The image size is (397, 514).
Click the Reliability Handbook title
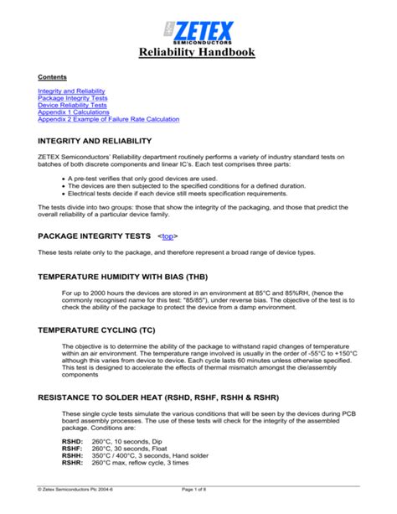coord(198,54)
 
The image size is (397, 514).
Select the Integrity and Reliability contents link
coord(72,90)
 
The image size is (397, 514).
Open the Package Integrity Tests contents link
coord(72,97)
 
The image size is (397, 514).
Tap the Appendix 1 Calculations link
coord(73,112)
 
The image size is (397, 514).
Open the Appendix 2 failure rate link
coord(108,120)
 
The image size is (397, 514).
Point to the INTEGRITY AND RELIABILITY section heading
coord(95,141)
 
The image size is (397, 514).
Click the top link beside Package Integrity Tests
coord(168,236)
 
